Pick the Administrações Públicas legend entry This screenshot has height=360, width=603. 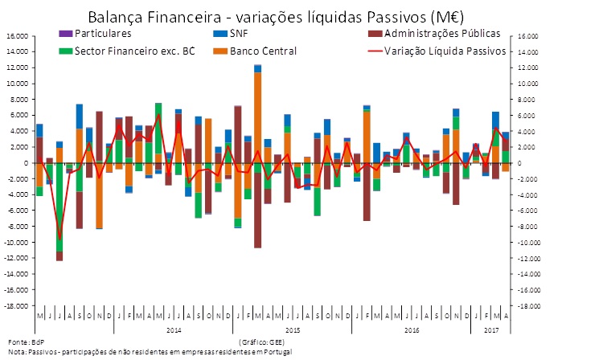pyautogui.click(x=441, y=33)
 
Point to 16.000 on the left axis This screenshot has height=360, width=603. pyautogui.click(x=15, y=36)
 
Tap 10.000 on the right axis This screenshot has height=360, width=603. pyautogui.click(x=527, y=84)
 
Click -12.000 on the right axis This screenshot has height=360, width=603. pyautogui.click(x=529, y=258)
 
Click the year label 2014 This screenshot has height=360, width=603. pyautogui.click(x=173, y=329)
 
